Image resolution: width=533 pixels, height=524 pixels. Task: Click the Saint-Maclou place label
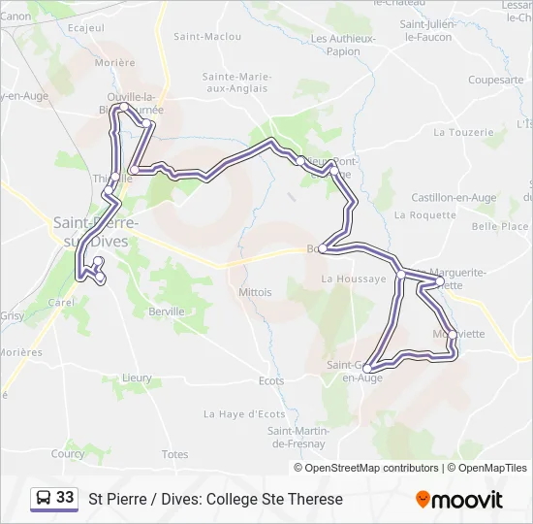tap(206, 37)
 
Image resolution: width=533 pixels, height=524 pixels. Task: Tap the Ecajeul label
tap(85, 27)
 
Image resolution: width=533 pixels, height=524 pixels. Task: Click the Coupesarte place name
tap(495, 80)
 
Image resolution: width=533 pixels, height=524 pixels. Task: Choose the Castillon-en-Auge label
tap(454, 198)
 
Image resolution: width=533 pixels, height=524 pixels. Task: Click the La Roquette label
tap(431, 215)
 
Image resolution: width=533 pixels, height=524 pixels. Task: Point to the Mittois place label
tap(255, 291)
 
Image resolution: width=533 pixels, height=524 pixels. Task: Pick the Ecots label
tap(271, 380)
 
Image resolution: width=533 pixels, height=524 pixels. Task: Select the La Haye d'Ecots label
tap(244, 413)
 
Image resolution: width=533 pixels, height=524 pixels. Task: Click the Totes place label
tap(175, 454)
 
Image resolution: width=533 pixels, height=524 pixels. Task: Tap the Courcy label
tap(68, 453)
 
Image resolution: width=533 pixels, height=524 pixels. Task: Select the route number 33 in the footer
tap(65, 498)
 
